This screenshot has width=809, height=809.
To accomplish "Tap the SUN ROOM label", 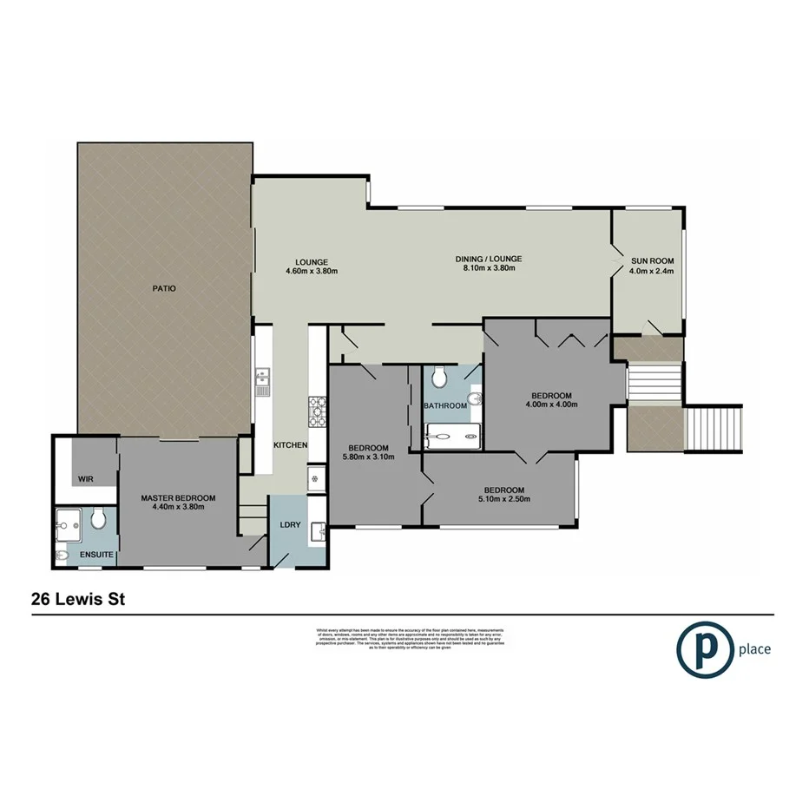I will (651, 260).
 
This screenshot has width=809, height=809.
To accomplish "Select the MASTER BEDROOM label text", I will (178, 498).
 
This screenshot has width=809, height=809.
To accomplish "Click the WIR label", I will (86, 478).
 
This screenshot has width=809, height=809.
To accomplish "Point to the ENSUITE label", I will (95, 553).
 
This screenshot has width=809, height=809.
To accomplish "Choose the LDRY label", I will (289, 524).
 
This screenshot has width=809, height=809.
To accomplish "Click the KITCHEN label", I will (291, 445).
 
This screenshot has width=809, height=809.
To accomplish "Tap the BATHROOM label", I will (446, 405).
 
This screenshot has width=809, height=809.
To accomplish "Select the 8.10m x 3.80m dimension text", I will (489, 270).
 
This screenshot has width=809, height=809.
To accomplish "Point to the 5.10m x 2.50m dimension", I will (503, 499).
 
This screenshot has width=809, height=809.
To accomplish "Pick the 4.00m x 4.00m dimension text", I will (551, 404).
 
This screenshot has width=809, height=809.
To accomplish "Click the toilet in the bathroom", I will (440, 376).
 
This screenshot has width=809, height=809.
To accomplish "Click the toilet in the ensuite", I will (98, 519).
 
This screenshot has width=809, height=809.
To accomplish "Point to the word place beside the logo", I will (754, 648).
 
